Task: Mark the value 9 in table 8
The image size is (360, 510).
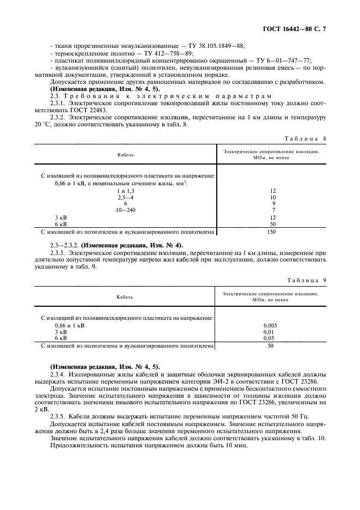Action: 273,203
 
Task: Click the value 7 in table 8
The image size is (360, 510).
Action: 273,210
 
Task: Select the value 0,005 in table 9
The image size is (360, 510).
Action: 270,325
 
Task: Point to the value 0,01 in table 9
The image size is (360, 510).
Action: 270,332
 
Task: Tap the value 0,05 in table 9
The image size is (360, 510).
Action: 270,338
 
